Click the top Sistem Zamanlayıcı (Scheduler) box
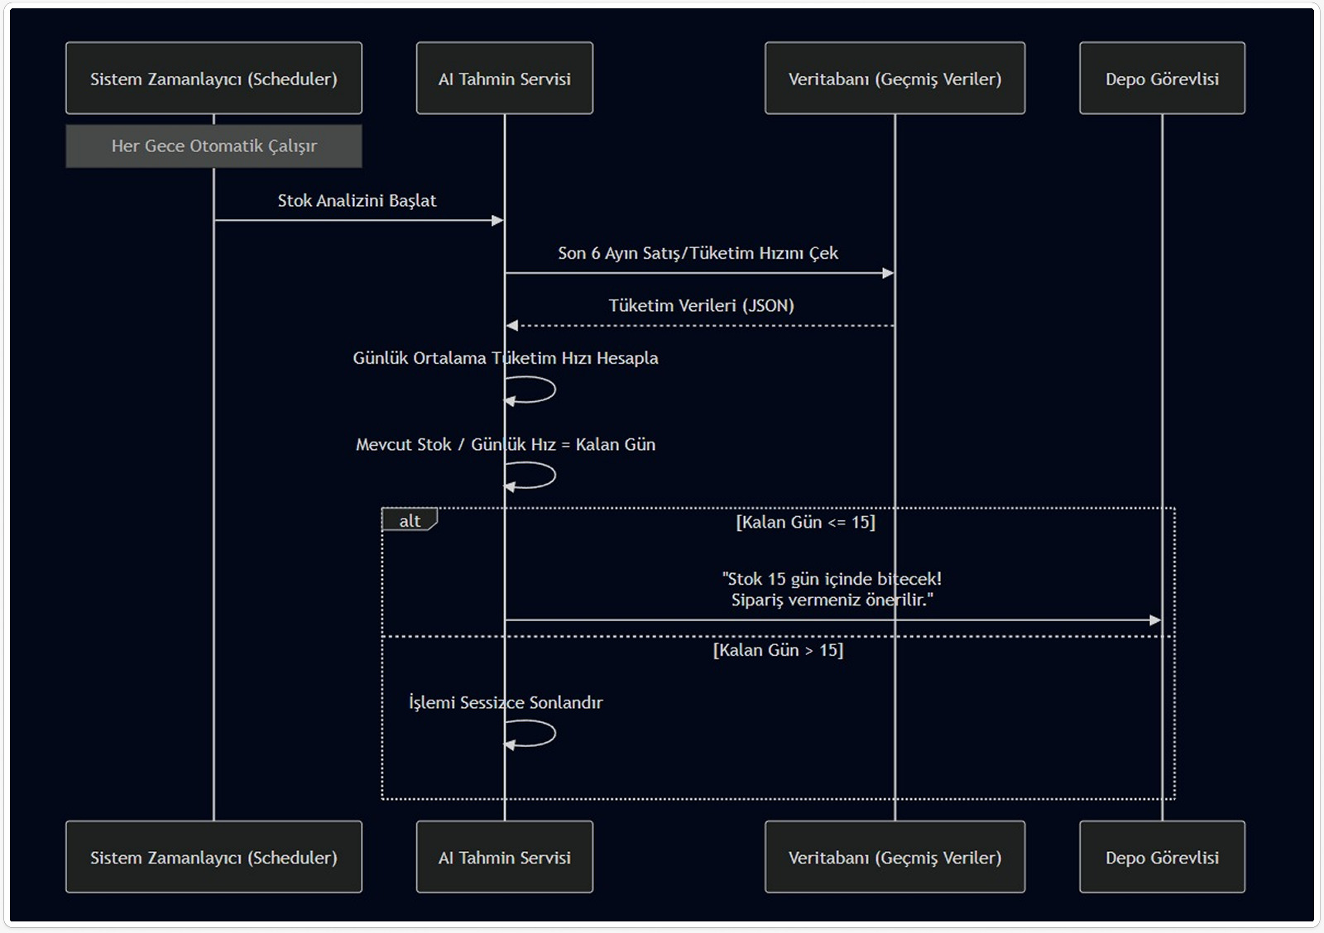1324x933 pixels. tap(213, 79)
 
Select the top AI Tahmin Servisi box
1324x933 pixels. tap(504, 79)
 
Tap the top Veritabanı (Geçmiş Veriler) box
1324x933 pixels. tap(895, 79)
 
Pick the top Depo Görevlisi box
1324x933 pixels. tap(1162, 79)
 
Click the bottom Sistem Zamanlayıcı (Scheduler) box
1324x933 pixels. tap(213, 857)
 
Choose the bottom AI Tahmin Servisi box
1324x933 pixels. tap(504, 857)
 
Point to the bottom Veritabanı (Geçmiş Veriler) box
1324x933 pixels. tap(895, 857)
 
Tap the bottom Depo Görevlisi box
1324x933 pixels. tap(1162, 857)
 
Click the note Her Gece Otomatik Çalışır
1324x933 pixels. tap(213, 146)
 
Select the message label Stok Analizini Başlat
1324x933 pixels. tap(357, 201)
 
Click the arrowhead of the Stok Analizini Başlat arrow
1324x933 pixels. tap(497, 221)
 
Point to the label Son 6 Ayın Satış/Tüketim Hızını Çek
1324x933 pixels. tap(698, 253)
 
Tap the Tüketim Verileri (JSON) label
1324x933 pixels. tap(701, 306)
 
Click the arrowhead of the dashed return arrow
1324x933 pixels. tap(512, 326)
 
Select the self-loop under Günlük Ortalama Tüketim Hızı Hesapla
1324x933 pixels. tap(534, 390)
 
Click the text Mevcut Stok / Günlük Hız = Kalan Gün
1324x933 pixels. tap(505, 445)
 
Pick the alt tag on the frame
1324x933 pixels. tap(410, 520)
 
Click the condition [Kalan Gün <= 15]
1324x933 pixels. tap(805, 522)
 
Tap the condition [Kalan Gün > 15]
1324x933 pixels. tap(778, 650)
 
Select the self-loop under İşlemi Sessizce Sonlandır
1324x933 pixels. tap(534, 734)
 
